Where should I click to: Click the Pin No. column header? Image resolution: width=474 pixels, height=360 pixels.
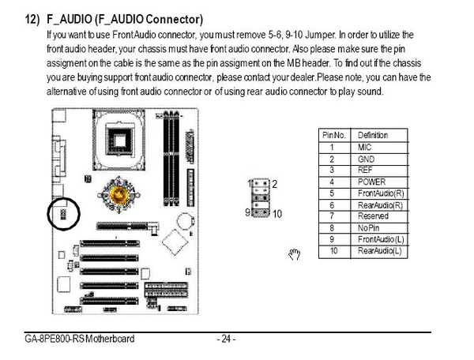pos(334,135)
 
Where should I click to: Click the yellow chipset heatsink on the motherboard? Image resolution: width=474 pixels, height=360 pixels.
pos(118,195)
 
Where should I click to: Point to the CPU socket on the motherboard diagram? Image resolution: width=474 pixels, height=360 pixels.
pos(118,140)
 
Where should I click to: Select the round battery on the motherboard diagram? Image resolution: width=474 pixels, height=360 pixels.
pos(185,222)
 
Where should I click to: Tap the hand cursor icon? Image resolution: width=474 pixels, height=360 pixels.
pos(294,254)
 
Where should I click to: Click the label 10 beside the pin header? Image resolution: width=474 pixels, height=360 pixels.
pos(277,214)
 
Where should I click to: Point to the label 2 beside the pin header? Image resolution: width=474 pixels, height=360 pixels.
pos(274,184)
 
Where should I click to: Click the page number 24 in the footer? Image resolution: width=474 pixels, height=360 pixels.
pos(226,339)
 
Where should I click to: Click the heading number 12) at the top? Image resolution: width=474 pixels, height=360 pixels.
pos(32,19)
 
